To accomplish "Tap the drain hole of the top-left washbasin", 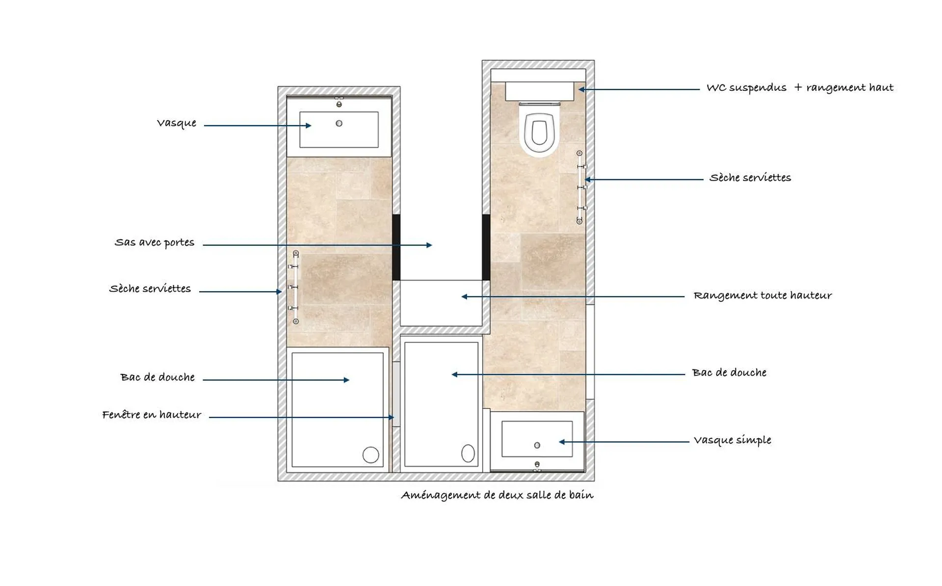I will click(339, 123).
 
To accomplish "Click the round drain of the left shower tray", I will click(370, 455).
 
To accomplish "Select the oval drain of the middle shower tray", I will click(468, 453).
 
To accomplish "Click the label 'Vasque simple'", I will click(732, 440).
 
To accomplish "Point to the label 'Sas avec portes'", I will click(155, 242).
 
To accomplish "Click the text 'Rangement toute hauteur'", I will click(762, 295).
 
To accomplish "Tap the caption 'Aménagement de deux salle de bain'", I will click(497, 495).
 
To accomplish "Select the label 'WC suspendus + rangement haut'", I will click(800, 88).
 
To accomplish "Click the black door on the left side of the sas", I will click(396, 247).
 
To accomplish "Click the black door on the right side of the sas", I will click(486, 247).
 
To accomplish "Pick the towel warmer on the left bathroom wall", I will click(295, 288).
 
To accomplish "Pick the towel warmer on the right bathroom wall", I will click(580, 187).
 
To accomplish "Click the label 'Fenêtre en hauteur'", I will click(152, 415).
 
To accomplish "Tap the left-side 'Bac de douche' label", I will click(157, 377).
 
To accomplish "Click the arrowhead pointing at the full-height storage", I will click(464, 296).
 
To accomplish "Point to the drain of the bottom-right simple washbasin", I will click(537, 445).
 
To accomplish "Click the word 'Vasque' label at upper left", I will click(177, 123).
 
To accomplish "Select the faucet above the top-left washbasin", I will click(339, 104).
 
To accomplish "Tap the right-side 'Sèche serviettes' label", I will click(750, 178).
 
